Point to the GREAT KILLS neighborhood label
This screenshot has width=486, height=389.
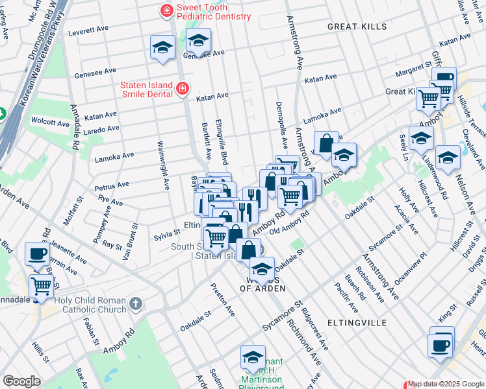tap(357, 27)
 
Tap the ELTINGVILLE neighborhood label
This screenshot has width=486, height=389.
tap(357, 322)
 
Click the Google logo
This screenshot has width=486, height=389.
tap(21, 381)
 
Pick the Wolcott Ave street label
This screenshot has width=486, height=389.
tap(50, 122)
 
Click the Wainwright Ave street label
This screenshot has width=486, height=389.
tap(162, 165)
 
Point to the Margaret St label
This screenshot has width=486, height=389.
tap(414, 66)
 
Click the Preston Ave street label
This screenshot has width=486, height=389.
tap(222, 298)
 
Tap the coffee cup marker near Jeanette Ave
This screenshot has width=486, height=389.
tap(38, 253)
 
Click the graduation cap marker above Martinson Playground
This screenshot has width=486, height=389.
tap(253, 356)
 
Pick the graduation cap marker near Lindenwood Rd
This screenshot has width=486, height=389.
tap(421, 137)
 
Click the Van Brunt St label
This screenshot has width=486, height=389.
tap(130, 242)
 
